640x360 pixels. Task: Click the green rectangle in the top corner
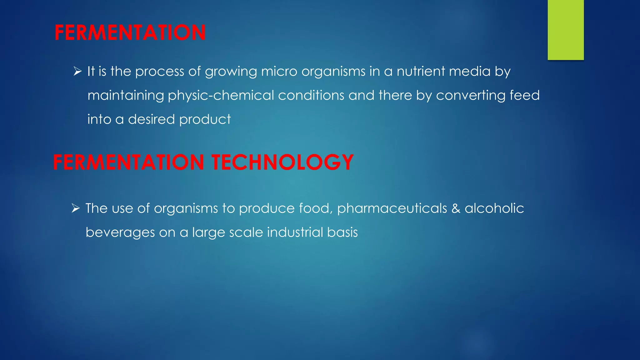point(566,30)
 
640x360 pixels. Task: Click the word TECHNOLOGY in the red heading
point(282,162)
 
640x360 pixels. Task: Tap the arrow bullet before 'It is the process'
point(77,72)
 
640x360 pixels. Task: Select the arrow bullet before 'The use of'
point(76,208)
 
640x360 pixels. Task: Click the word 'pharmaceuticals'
point(392,209)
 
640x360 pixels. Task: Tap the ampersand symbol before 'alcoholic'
point(456,209)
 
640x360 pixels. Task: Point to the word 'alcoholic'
point(494,208)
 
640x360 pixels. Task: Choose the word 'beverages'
point(120,233)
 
